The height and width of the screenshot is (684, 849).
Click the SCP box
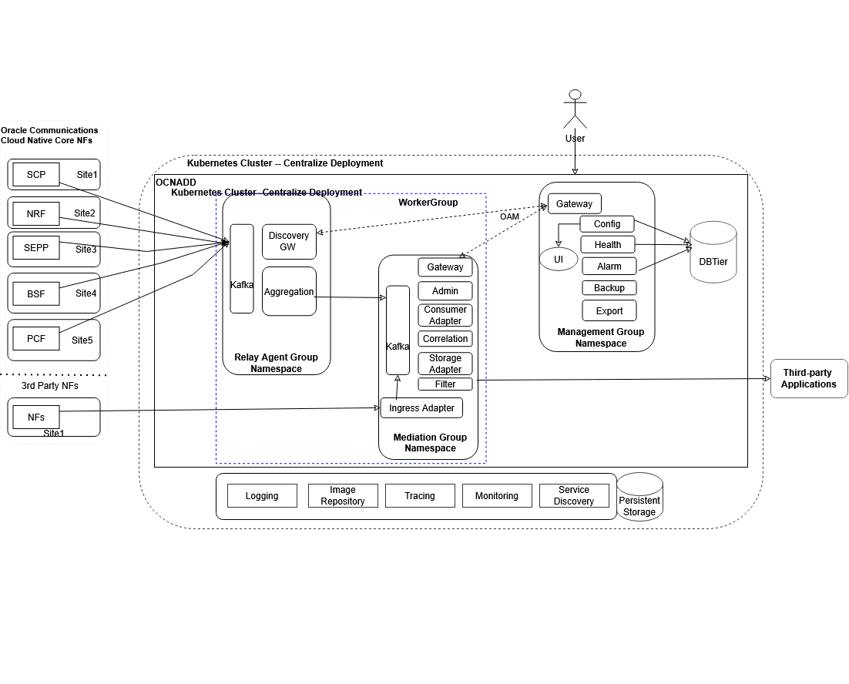tap(36, 174)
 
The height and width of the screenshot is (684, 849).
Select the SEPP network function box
tap(36, 248)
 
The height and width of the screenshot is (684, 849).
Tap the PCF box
tap(36, 338)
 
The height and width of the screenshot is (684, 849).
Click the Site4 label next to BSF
tap(86, 293)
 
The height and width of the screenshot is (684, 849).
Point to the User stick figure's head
tap(574, 96)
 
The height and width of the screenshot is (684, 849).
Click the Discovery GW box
tap(289, 241)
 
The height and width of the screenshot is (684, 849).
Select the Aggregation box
tap(289, 291)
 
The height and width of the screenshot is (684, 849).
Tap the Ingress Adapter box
tap(421, 408)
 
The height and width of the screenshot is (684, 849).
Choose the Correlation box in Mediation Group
tap(445, 339)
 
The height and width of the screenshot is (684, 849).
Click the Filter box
tap(445, 384)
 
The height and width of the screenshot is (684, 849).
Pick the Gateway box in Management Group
tap(575, 203)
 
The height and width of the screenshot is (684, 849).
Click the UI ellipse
tap(559, 260)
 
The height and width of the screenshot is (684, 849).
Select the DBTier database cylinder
tap(713, 254)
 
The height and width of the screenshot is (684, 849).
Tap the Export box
tap(609, 310)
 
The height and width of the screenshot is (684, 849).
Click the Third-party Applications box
tap(808, 378)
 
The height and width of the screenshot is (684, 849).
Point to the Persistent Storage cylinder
tap(639, 498)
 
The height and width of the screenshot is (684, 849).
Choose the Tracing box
tap(420, 496)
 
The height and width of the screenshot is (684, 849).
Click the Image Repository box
tap(343, 496)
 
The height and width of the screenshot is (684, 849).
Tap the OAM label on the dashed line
tap(509, 216)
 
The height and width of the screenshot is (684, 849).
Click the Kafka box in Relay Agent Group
tap(242, 269)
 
